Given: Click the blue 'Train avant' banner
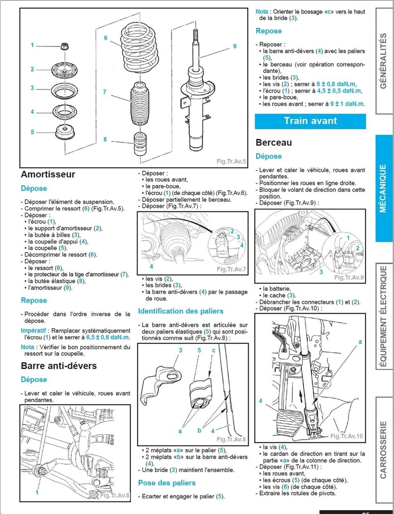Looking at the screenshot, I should point(310,120).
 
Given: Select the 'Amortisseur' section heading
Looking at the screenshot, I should point(48,175).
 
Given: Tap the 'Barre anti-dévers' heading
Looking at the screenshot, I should point(58,366).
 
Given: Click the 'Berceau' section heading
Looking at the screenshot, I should point(274,142).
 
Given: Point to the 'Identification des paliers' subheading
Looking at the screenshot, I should point(181,311).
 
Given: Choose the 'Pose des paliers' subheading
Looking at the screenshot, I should point(167,483).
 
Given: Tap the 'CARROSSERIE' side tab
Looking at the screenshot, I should point(383,449).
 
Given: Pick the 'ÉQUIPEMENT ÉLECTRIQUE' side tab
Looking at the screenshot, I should point(383,317).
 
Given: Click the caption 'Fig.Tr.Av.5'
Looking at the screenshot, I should point(231,161).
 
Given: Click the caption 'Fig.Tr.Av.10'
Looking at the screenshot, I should point(346,436).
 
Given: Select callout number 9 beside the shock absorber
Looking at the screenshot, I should point(234,47).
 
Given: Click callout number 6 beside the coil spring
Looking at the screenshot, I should point(106,38).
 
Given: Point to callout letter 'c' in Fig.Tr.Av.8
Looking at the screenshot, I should point(213,350).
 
